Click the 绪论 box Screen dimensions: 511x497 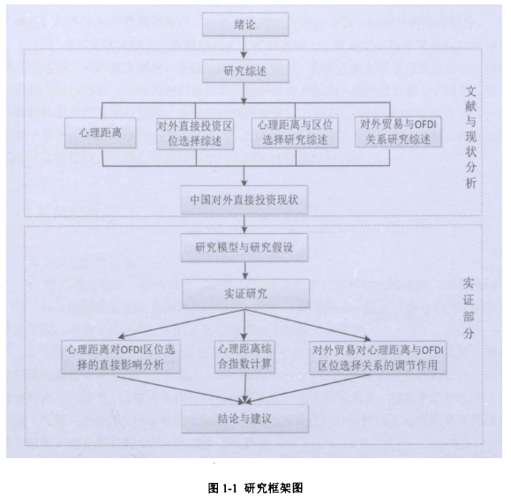point(245,24)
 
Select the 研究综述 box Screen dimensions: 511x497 point(245,71)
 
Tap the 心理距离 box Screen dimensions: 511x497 point(100,132)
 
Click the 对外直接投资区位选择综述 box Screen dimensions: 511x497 point(195,133)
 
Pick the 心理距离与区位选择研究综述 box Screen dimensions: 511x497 point(295,132)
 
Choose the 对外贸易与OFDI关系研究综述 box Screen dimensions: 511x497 point(398,132)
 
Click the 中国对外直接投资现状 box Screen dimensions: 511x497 point(244,200)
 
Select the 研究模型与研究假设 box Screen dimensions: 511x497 point(244,247)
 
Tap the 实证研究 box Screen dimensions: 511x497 point(245,293)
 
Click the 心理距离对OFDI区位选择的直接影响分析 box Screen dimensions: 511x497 point(121,358)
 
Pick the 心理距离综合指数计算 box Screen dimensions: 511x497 point(244,357)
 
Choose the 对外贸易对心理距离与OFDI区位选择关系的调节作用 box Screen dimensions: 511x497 point(378,358)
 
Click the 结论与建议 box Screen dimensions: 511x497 point(244,418)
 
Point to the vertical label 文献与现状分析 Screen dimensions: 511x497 point(470,137)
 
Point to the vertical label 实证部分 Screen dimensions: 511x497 point(469,308)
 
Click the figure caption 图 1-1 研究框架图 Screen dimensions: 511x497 point(256,488)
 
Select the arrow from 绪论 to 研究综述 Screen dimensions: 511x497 point(244,48)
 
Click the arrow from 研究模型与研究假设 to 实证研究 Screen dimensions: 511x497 point(245,270)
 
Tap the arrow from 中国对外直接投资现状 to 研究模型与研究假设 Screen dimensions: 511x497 point(244,223)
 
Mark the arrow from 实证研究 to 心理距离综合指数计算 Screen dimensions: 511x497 point(244,325)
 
